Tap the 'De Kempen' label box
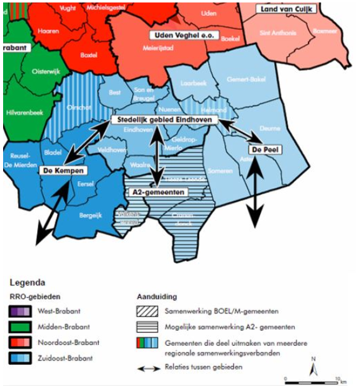(63, 170)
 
